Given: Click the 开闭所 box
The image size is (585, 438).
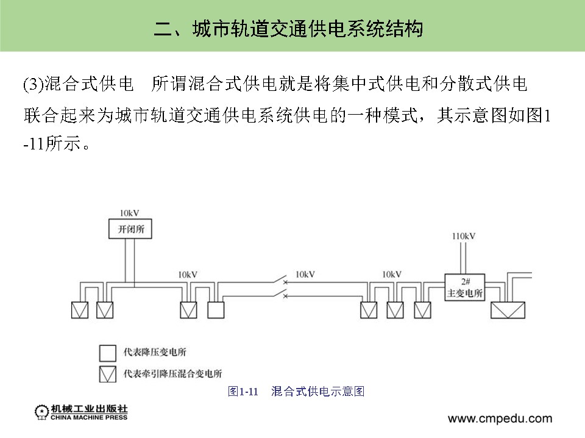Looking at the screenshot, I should tap(127, 229).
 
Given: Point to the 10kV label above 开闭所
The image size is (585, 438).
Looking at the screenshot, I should tap(129, 213).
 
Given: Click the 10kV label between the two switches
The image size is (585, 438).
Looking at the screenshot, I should tap(305, 275).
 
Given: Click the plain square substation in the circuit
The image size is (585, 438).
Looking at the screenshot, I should tap(216, 310).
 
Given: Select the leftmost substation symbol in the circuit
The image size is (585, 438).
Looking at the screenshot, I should tap(79, 310).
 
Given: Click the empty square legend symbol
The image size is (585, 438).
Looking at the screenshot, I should tap(108, 353).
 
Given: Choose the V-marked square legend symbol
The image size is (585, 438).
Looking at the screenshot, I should tap(108, 373).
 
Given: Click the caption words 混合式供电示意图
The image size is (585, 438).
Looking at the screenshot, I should tap(317, 391).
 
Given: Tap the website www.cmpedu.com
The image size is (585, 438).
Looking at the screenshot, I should tap(500, 418).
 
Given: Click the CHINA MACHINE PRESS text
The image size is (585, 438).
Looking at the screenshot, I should tap(90, 417).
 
